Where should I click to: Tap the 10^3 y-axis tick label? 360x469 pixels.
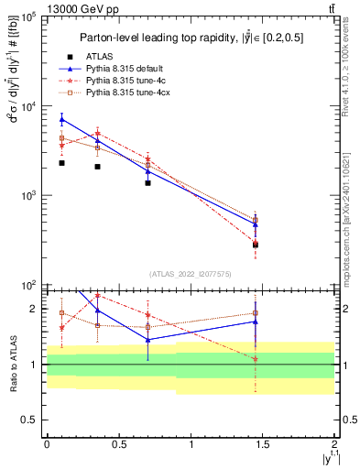[28, 196]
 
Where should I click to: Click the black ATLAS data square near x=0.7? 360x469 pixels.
[147, 183]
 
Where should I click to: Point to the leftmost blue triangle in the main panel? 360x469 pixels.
[61, 119]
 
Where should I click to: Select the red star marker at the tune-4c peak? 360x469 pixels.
[97, 133]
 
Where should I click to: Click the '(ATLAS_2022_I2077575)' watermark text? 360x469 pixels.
[190, 274]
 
